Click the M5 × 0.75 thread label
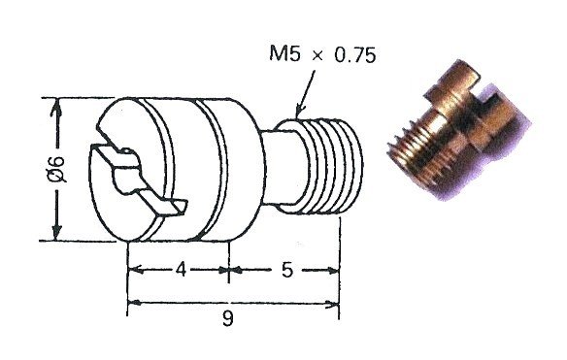pos(322,54)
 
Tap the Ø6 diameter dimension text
pos(58,169)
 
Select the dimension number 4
pos(182,270)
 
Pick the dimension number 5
pos(286,270)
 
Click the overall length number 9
pos(228,318)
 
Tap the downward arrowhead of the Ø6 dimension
pos(55,231)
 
